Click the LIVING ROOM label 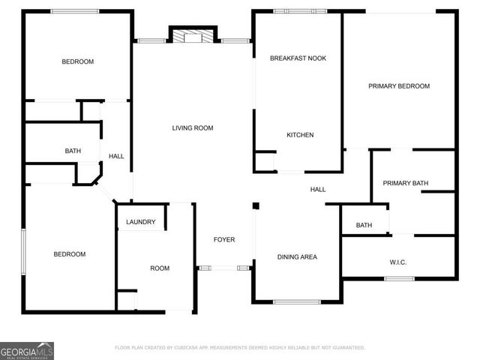[x=193, y=128]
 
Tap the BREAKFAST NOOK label [x=298, y=58]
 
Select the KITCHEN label [x=300, y=135]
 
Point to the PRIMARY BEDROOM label [x=399, y=86]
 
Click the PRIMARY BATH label [x=405, y=183]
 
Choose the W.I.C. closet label [x=397, y=262]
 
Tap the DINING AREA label [x=297, y=257]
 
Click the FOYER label [x=224, y=240]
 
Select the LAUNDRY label [x=141, y=222]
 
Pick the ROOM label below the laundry [x=160, y=268]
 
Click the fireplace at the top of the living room [x=193, y=35]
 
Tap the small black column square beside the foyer [x=256, y=205]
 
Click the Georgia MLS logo [x=27, y=350]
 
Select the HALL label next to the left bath [x=116, y=156]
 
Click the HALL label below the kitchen [x=318, y=190]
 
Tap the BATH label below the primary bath [x=364, y=225]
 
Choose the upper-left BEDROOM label [x=77, y=61]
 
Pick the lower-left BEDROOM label [x=70, y=254]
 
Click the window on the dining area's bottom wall [x=297, y=302]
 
